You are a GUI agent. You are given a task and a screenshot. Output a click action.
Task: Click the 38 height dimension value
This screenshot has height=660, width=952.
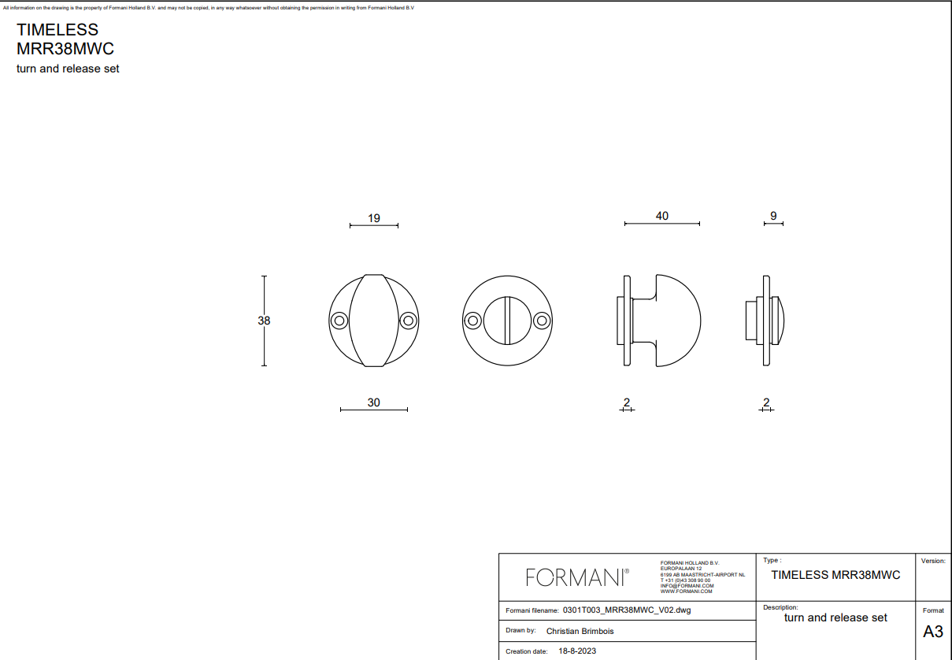pyautogui.click(x=264, y=321)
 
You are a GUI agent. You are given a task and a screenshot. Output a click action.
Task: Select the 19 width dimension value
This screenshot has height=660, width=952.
pyautogui.click(x=374, y=218)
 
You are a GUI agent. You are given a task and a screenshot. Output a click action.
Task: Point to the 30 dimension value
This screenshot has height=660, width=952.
pyautogui.click(x=373, y=402)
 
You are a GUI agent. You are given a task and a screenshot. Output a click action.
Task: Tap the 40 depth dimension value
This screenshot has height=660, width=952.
pyautogui.click(x=661, y=216)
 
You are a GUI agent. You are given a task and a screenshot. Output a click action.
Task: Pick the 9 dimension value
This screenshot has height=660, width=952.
pyautogui.click(x=773, y=216)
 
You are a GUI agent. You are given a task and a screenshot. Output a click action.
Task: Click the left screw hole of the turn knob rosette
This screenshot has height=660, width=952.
pyautogui.click(x=339, y=321)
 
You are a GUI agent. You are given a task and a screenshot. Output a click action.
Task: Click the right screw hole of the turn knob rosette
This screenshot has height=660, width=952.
pyautogui.click(x=408, y=321)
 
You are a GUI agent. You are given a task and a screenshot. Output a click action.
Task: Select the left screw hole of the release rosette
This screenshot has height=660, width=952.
pyautogui.click(x=473, y=321)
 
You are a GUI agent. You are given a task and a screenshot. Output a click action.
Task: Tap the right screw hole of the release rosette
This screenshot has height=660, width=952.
pyautogui.click(x=542, y=321)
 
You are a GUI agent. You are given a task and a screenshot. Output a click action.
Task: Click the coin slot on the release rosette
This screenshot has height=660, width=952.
pyautogui.click(x=508, y=321)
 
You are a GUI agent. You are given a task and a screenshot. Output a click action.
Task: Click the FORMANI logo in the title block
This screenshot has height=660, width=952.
pyautogui.click(x=577, y=577)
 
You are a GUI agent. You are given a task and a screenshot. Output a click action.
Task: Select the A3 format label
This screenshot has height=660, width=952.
pyautogui.click(x=933, y=632)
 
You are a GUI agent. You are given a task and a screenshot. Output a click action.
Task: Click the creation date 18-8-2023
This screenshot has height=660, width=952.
pyautogui.click(x=577, y=651)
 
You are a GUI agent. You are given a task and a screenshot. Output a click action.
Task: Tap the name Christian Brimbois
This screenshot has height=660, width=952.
pyautogui.click(x=580, y=631)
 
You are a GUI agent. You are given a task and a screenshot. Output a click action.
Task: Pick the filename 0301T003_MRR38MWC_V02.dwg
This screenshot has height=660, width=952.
pyautogui.click(x=627, y=610)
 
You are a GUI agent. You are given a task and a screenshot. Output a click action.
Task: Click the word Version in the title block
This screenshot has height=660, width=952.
pyautogui.click(x=933, y=561)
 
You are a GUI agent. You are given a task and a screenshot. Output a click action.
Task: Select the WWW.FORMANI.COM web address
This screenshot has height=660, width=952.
pyautogui.click(x=687, y=591)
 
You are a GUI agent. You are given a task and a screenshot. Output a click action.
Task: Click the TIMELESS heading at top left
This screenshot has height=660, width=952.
pyautogui.click(x=57, y=30)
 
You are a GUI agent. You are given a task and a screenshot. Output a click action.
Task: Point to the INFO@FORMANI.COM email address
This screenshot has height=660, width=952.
pyautogui.click(x=687, y=586)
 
